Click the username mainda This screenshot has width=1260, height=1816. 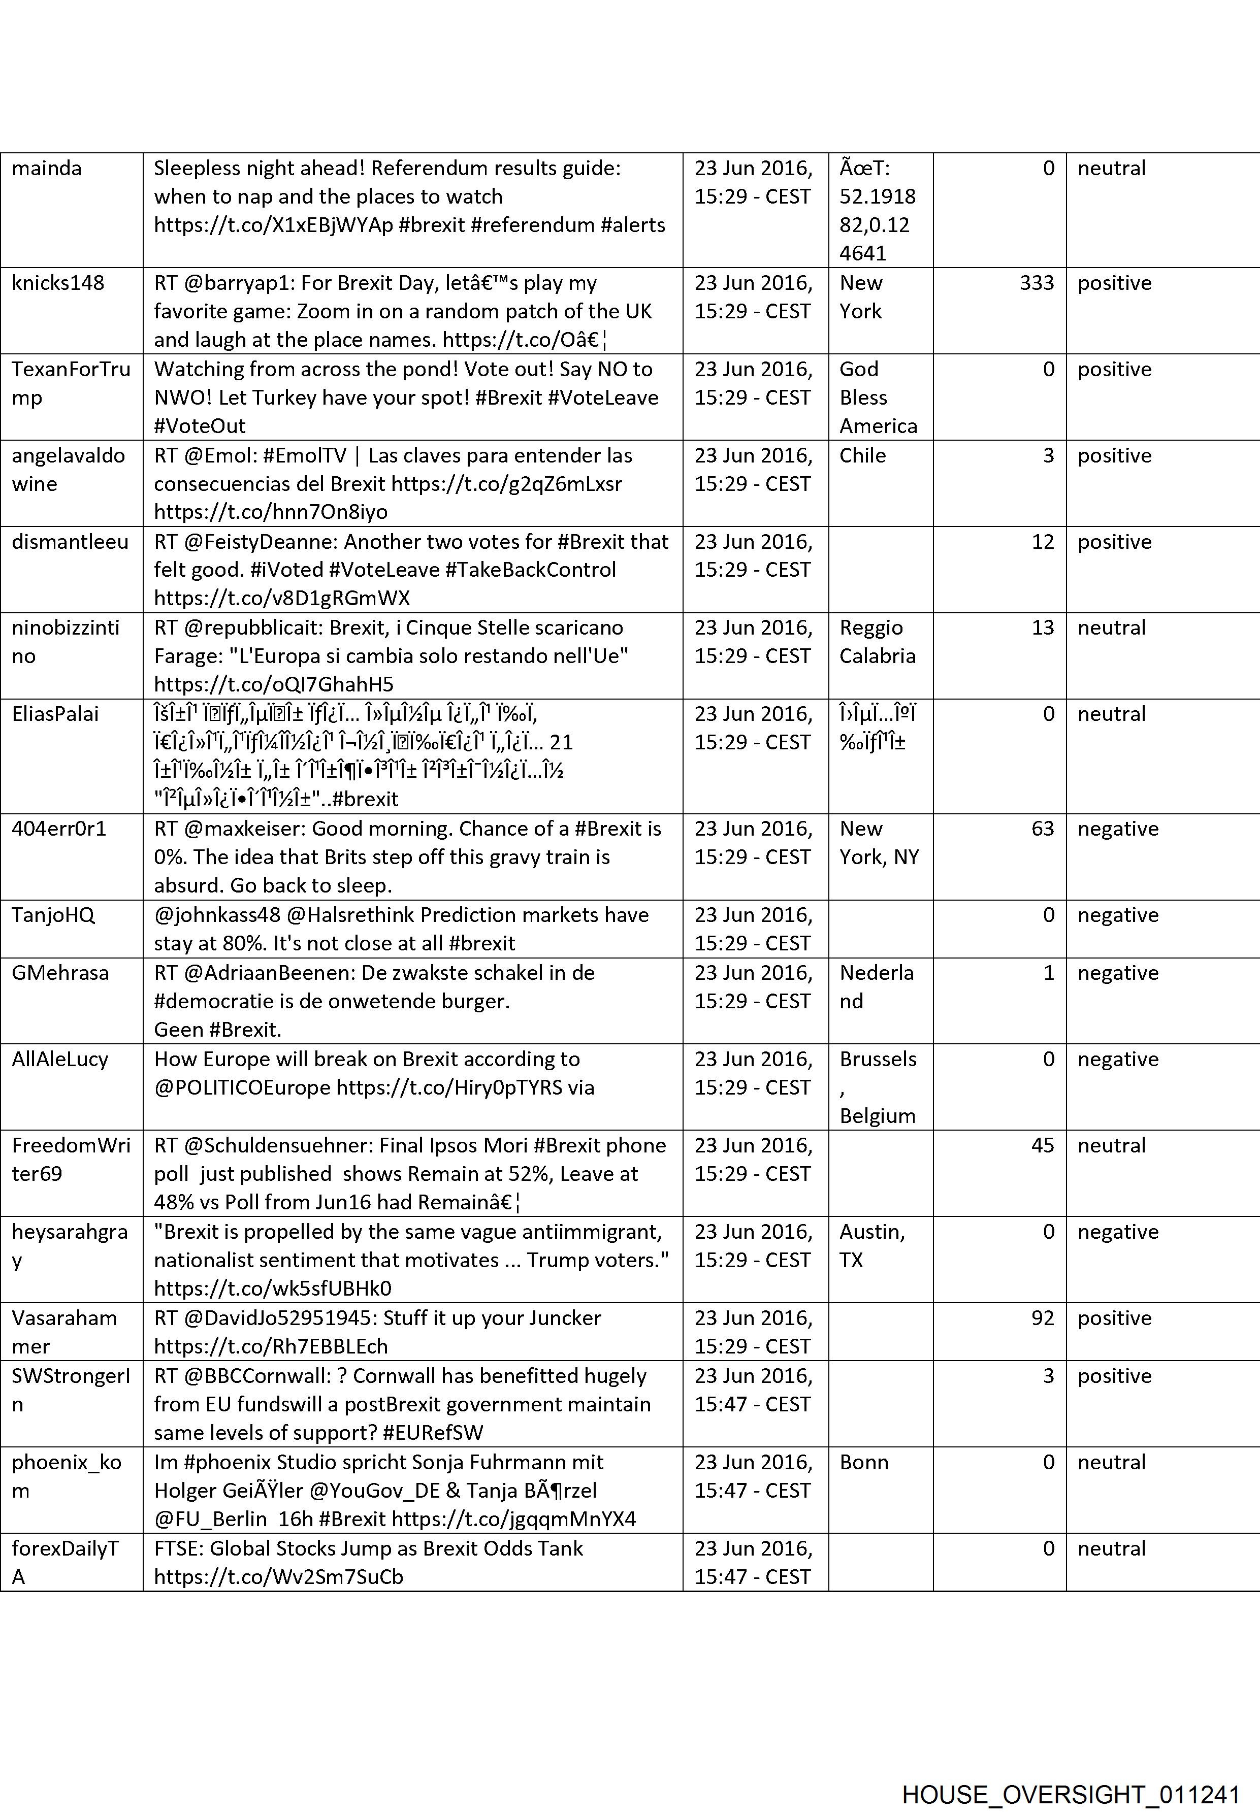[47, 168]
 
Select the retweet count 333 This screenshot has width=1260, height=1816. [1036, 283]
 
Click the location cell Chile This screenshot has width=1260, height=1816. [862, 455]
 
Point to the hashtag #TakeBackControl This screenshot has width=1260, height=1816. [531, 570]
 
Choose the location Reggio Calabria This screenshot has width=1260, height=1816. [877, 642]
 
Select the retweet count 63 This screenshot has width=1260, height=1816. [1042, 828]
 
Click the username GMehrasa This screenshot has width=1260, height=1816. [60, 972]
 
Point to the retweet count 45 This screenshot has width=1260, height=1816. [1042, 1145]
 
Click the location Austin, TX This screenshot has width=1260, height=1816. [871, 1245]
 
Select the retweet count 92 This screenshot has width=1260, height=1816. [1042, 1318]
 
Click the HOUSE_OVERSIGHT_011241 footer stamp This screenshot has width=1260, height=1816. [1071, 1773]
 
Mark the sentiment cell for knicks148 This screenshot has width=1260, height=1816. [1114, 283]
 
